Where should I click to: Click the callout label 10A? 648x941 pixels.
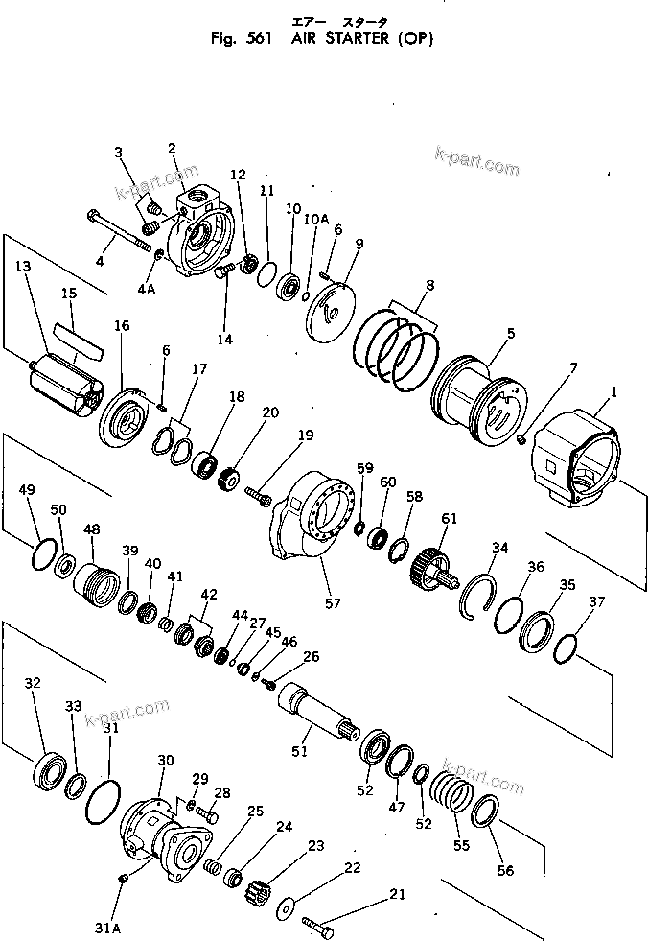coord(316,220)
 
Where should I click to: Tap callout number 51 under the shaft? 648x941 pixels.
coord(300,751)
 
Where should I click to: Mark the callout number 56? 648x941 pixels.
coord(505,871)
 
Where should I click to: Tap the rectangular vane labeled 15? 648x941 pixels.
coord(80,333)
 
